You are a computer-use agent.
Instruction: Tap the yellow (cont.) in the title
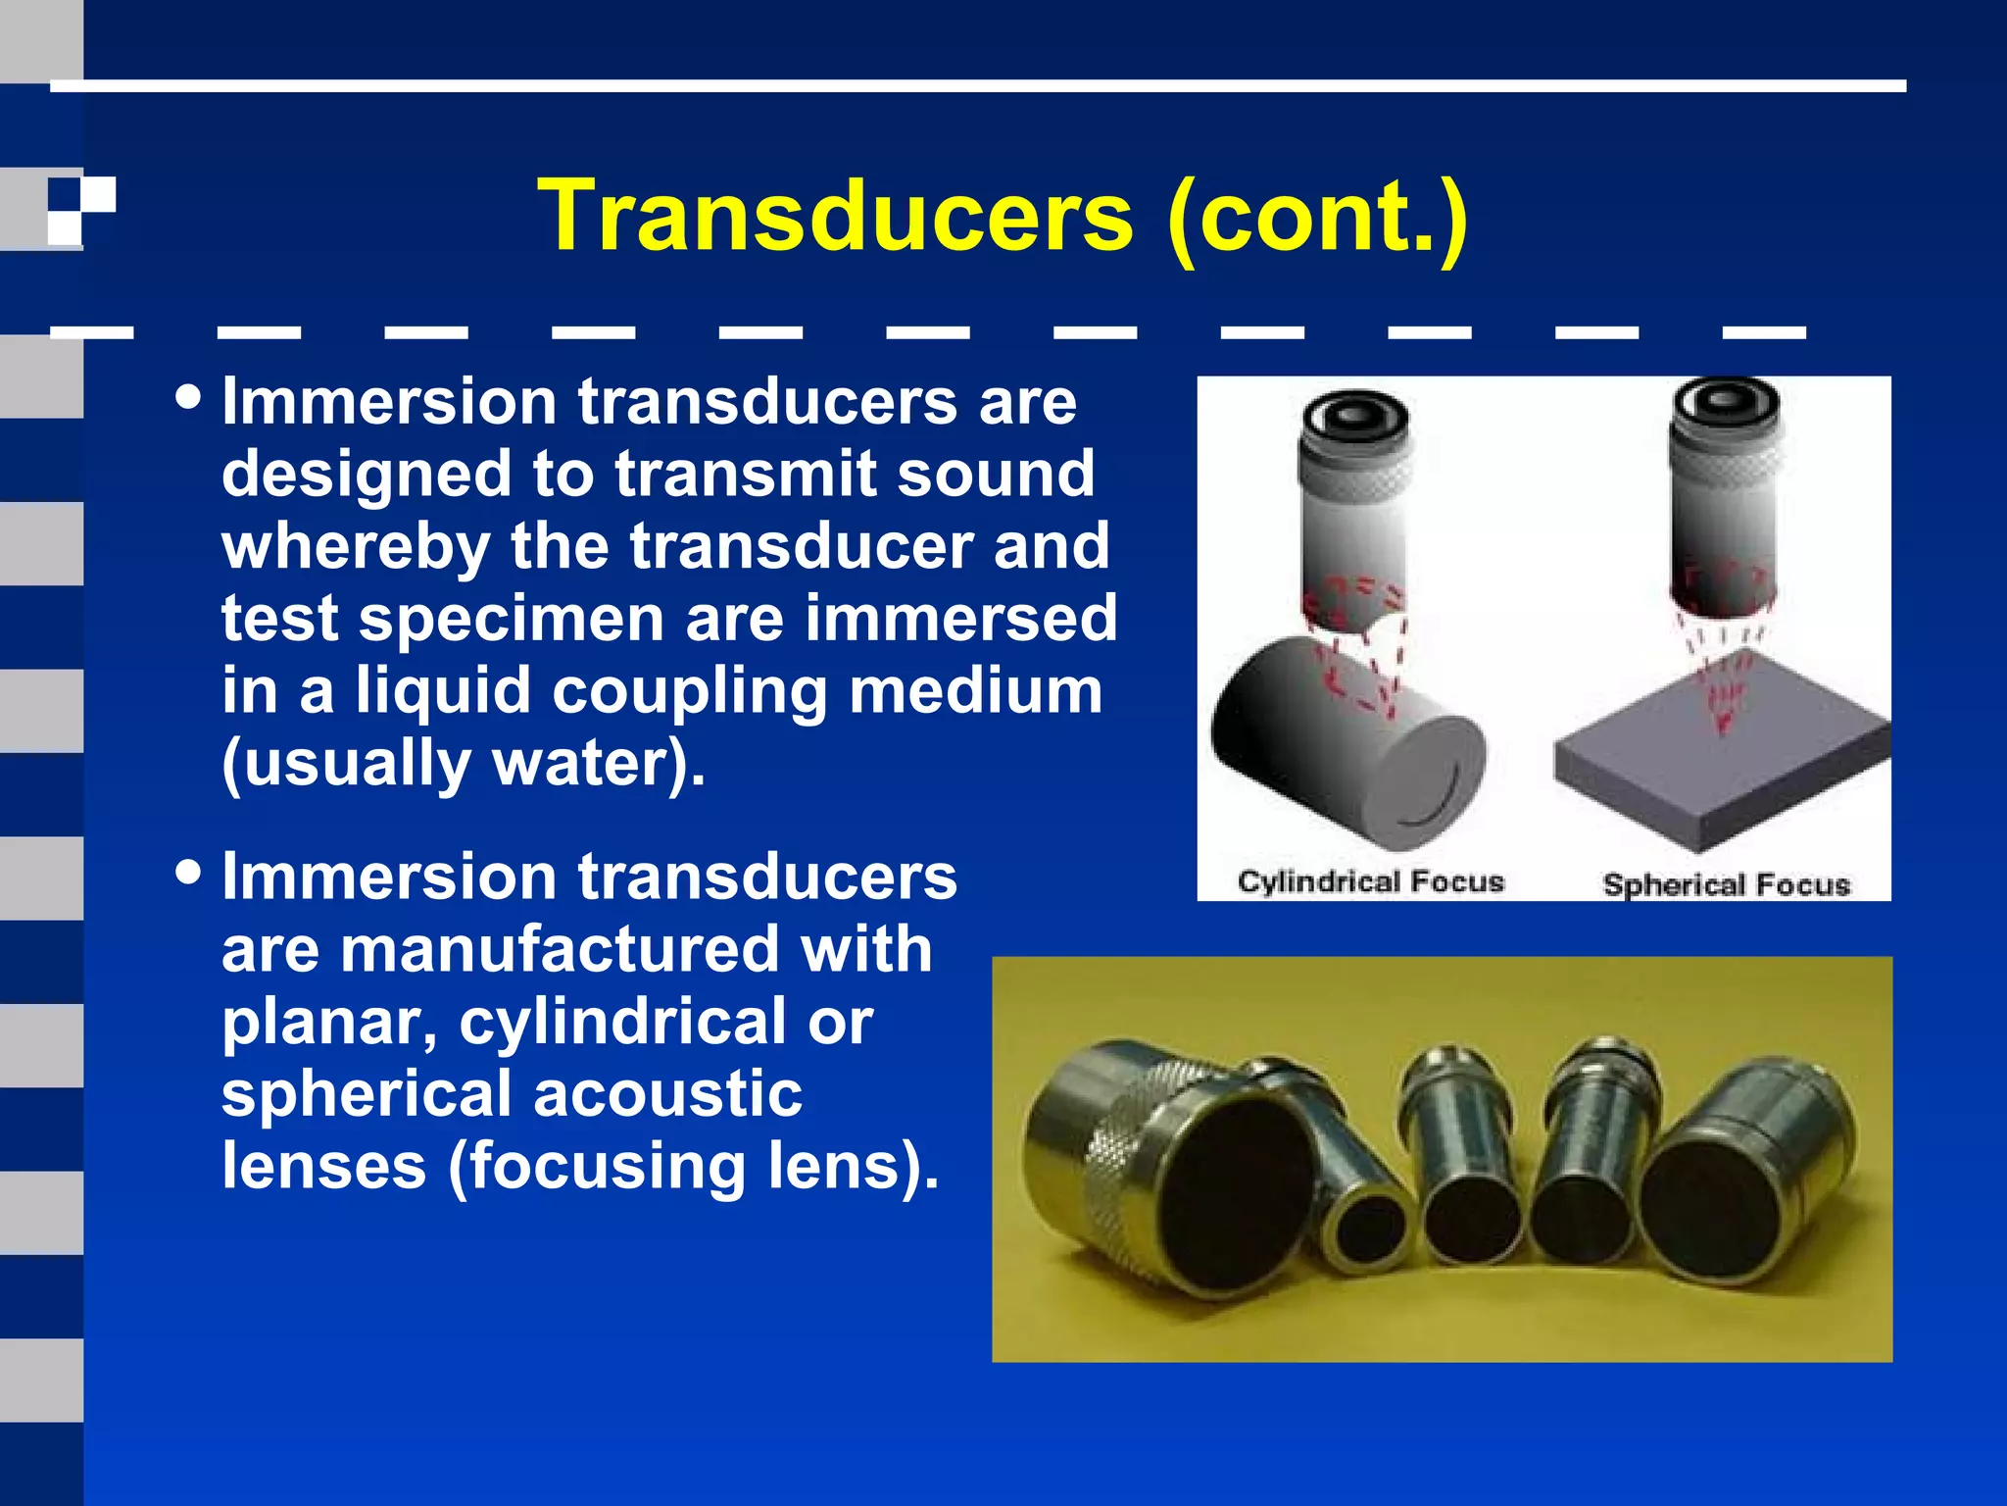[1318, 217]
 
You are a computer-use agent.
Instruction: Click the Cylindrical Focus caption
[1370, 881]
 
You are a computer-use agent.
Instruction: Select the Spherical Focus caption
[1726, 884]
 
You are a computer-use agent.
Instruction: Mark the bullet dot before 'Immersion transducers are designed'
[188, 398]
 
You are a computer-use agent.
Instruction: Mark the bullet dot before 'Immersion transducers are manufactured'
[188, 872]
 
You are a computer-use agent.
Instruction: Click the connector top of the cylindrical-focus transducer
[1354, 416]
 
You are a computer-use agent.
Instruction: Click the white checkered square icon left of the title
[81, 211]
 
